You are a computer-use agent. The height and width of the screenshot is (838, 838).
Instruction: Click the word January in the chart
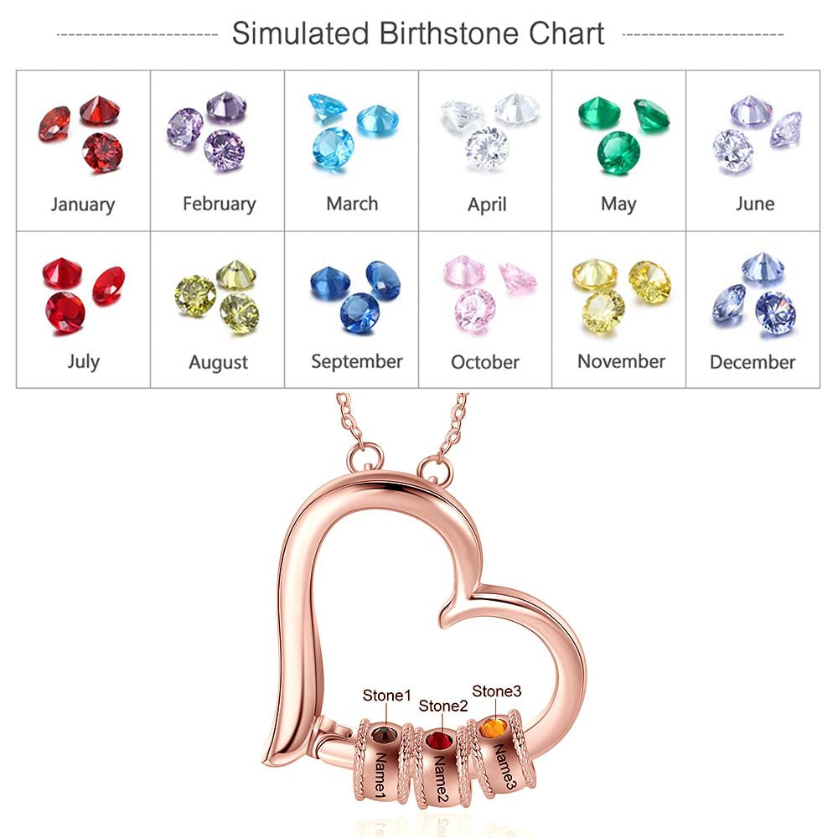coord(83,204)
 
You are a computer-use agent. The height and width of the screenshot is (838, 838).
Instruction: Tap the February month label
coord(219,204)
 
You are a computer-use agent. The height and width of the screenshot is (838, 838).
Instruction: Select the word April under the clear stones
coord(487,204)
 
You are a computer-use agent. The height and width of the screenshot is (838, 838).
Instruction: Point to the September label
coord(357,362)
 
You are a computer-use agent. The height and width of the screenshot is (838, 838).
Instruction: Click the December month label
coord(753,362)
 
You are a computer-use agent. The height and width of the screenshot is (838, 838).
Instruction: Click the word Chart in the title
coord(566,34)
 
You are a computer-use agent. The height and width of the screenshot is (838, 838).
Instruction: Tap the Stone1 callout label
coord(387,696)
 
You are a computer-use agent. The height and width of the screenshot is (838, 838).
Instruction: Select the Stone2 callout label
coord(443,706)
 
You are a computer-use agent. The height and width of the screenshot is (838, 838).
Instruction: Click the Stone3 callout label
coord(497,691)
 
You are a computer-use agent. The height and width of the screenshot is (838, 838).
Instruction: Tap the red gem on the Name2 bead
coord(437,741)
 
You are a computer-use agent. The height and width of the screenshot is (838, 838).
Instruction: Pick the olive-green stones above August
coord(217,293)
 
